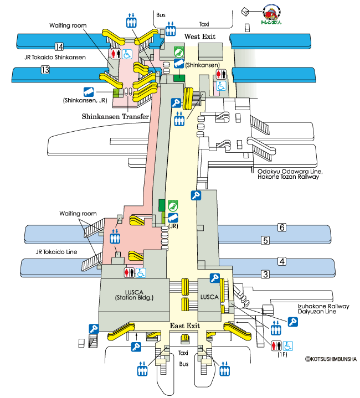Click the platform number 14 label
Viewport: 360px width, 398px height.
point(59,46)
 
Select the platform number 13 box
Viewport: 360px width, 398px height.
point(45,70)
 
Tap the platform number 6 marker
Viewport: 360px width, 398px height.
point(282,227)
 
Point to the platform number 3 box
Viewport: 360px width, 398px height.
point(265,275)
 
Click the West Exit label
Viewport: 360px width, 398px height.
point(200,37)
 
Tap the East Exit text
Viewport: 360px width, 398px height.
point(185,325)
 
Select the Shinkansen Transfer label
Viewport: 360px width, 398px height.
point(115,116)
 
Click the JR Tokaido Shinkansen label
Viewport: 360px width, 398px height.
point(55,58)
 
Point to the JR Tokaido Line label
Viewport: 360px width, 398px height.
point(56,252)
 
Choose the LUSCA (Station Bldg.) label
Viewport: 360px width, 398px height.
point(134,295)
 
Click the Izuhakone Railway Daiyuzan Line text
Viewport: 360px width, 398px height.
point(323,309)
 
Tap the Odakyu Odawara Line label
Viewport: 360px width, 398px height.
point(290,172)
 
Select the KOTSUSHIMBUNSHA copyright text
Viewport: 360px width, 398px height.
point(331,359)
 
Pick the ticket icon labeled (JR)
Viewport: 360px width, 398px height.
point(173,218)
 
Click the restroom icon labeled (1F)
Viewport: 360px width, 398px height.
point(276,345)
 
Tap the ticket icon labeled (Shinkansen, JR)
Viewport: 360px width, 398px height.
point(89,92)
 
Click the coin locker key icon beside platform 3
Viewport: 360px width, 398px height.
point(215,278)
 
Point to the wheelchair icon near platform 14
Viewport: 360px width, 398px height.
point(127,54)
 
